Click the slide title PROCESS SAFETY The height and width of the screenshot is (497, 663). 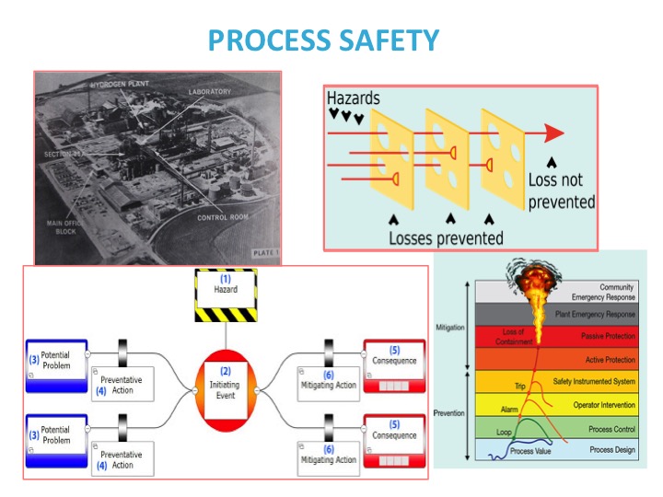(323, 40)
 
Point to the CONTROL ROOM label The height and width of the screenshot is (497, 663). (225, 218)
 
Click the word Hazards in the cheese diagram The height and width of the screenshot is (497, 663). (353, 98)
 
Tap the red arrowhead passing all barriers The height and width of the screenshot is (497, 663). (552, 133)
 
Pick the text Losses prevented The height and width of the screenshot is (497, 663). (446, 237)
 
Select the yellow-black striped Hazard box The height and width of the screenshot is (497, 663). (227, 295)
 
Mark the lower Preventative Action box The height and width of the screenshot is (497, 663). (122, 458)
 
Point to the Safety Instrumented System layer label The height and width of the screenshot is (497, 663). (594, 381)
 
